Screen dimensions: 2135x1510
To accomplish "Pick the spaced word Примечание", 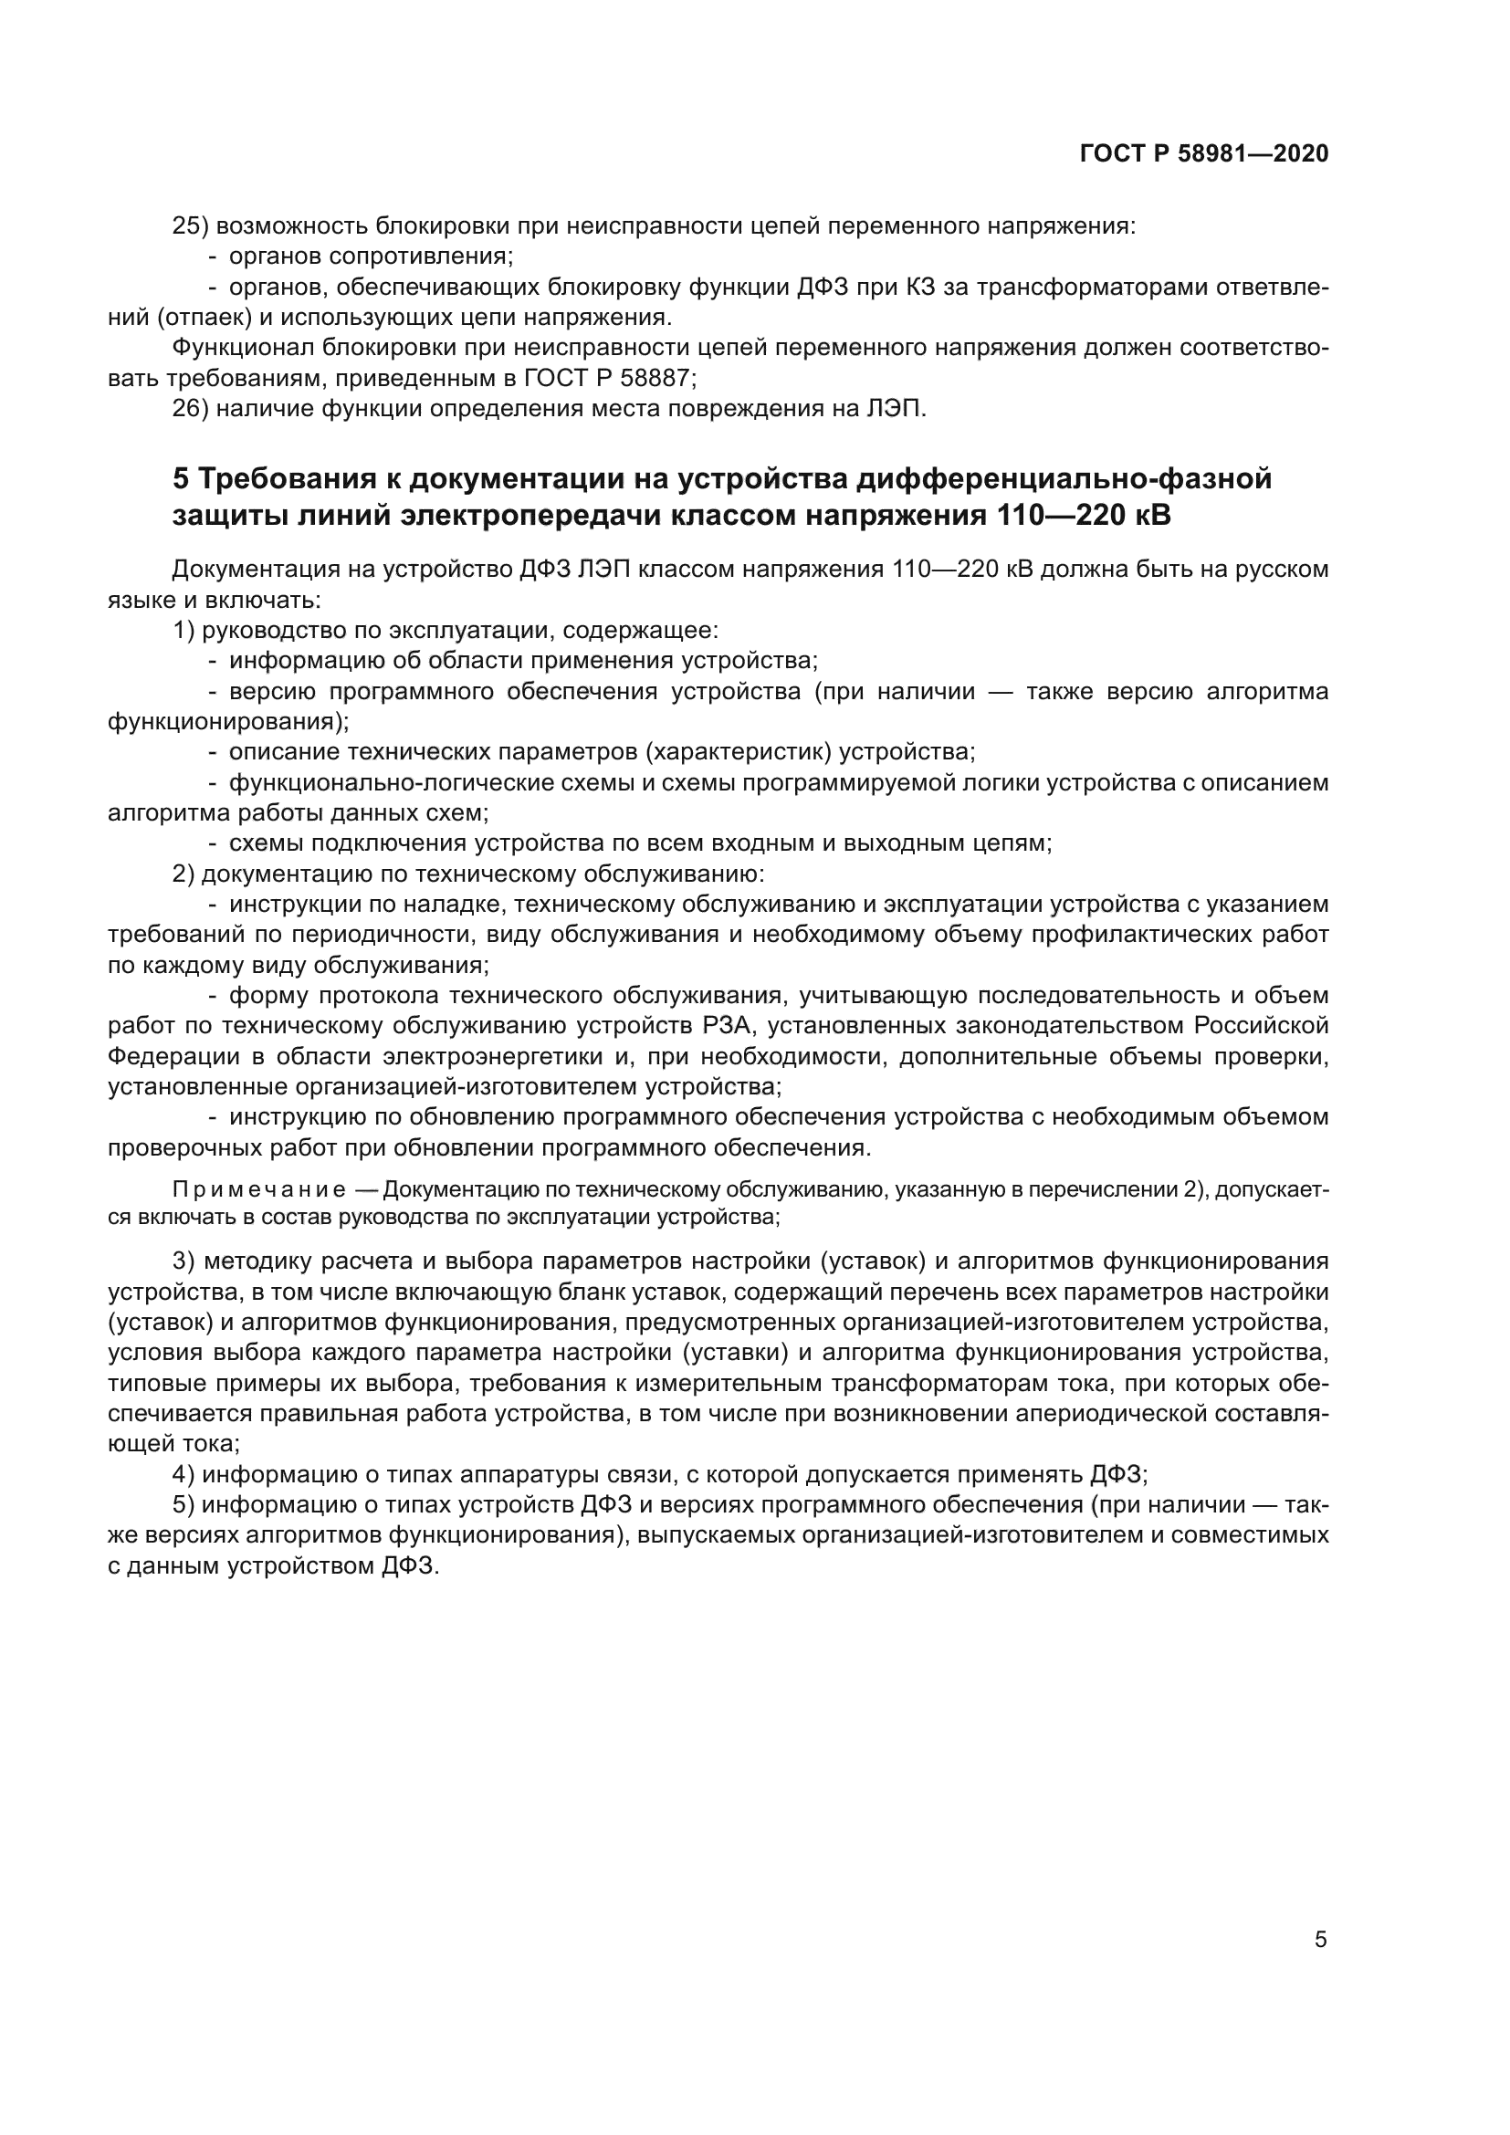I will tap(259, 1190).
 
